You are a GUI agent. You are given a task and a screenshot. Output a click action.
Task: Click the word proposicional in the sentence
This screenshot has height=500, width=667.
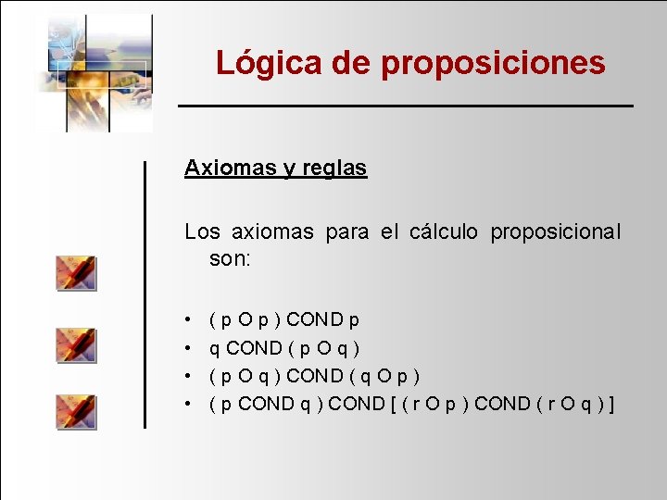pos(556,231)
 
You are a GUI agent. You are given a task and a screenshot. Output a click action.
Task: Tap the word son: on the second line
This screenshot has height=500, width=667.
pos(230,259)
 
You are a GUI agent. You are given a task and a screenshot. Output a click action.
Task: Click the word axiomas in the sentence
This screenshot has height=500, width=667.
pos(275,231)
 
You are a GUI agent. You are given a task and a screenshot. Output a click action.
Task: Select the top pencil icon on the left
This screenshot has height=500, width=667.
pos(76,273)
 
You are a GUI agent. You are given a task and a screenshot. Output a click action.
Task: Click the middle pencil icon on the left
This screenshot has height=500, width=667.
pos(76,344)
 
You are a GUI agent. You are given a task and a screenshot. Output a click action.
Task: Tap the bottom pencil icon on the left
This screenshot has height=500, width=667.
pos(76,411)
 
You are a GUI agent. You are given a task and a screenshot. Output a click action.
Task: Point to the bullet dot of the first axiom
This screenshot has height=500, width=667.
pos(188,320)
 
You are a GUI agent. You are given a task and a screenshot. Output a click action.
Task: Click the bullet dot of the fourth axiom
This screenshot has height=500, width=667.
pos(188,404)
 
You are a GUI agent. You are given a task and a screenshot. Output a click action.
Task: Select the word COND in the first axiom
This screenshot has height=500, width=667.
pos(313,320)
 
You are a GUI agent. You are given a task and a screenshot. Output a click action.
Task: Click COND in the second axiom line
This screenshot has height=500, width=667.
pos(254,348)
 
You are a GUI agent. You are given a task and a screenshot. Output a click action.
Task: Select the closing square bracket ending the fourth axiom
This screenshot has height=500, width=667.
pos(612,404)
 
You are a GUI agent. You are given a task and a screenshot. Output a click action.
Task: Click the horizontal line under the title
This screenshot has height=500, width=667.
pos(406,106)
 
